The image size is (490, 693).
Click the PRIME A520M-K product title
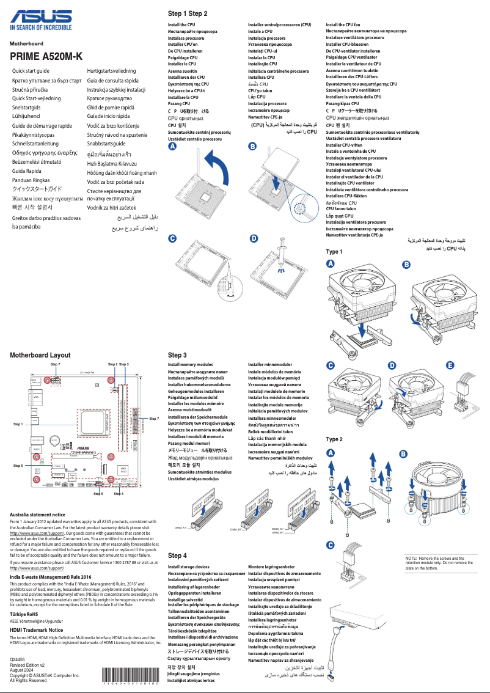tap(46, 56)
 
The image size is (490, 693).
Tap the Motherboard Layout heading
tap(40, 355)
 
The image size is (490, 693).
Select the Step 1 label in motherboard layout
tap(17, 424)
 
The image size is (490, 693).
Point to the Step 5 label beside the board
tap(18, 466)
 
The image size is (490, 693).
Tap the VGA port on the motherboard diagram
tap(36, 398)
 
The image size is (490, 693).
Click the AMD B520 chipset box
tap(122, 469)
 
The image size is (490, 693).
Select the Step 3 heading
tap(177, 355)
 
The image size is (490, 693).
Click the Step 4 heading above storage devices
tap(177, 555)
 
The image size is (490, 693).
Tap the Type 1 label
tap(334, 252)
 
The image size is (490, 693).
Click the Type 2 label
tap(334, 439)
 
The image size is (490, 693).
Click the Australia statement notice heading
tap(38, 515)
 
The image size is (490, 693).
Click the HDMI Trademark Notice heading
tap(37, 629)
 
